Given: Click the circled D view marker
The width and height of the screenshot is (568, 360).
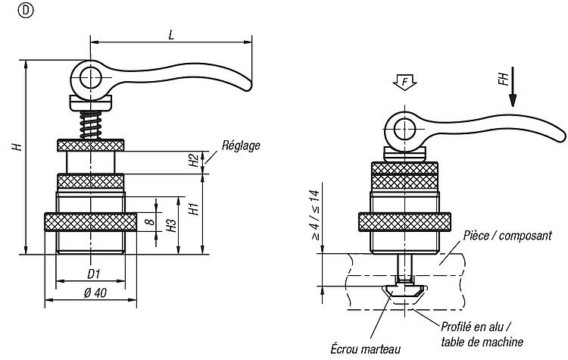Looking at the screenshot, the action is (x=25, y=11).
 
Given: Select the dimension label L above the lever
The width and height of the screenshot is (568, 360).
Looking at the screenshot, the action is (x=171, y=35).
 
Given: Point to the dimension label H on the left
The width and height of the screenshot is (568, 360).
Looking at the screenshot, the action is (x=17, y=146).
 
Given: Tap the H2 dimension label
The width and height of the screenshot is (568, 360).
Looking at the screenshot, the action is (x=194, y=160).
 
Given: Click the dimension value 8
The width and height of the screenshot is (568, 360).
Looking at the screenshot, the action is (x=150, y=221).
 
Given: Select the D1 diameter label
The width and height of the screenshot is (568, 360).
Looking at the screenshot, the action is (x=93, y=274).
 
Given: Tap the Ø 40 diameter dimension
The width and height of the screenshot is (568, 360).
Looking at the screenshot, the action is (x=95, y=293).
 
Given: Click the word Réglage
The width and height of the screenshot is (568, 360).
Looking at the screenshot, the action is (x=241, y=146).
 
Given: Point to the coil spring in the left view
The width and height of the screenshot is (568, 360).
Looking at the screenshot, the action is (x=91, y=125).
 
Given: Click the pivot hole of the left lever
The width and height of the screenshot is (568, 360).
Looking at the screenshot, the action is (x=91, y=78).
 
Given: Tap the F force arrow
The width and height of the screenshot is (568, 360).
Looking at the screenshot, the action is (x=404, y=83).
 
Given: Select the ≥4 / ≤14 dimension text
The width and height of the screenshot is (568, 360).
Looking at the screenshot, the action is (x=315, y=215).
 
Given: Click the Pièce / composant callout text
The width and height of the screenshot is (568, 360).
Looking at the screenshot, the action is (x=507, y=236).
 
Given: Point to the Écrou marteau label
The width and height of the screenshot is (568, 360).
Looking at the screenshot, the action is (x=366, y=349).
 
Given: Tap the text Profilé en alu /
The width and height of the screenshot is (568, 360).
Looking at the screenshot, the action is (x=476, y=327).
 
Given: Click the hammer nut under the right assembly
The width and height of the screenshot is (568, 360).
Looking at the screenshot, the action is (x=404, y=293).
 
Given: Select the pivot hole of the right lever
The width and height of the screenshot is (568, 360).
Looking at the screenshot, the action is (x=404, y=130).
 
